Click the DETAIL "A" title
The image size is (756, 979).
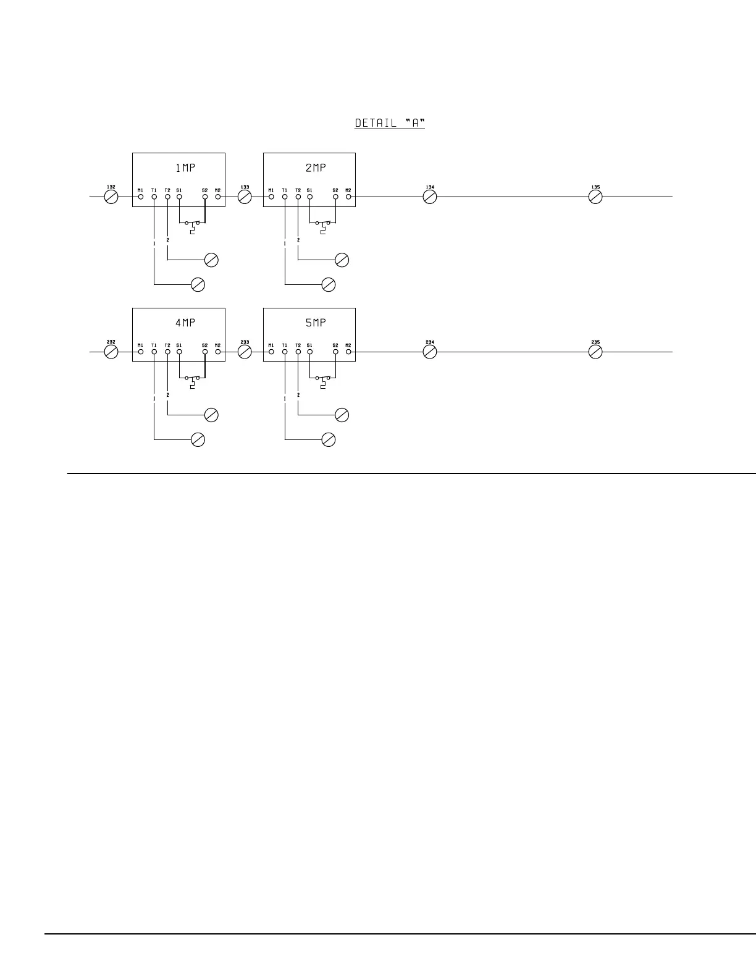click(390, 123)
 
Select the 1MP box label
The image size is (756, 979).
click(185, 167)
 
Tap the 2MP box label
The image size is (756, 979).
click(316, 167)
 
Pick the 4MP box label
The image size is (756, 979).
click(185, 323)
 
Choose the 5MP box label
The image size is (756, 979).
click(316, 323)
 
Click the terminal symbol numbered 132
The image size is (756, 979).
click(111, 197)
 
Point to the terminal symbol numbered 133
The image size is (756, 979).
click(245, 197)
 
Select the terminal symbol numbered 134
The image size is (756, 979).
click(430, 197)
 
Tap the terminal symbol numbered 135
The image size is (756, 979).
click(595, 197)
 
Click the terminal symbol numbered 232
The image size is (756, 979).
click(111, 352)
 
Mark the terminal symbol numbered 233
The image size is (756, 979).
click(245, 352)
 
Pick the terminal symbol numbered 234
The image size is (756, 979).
click(430, 352)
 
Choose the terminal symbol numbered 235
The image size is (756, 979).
click(595, 352)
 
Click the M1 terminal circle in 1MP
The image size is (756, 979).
click(141, 197)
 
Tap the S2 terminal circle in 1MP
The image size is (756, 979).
click(204, 197)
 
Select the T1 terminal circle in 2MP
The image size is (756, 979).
click(285, 197)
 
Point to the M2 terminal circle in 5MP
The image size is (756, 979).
click(348, 352)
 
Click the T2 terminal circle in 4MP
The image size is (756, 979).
click(167, 352)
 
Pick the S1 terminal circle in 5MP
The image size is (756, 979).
click(310, 352)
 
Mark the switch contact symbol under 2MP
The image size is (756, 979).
click(323, 225)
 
